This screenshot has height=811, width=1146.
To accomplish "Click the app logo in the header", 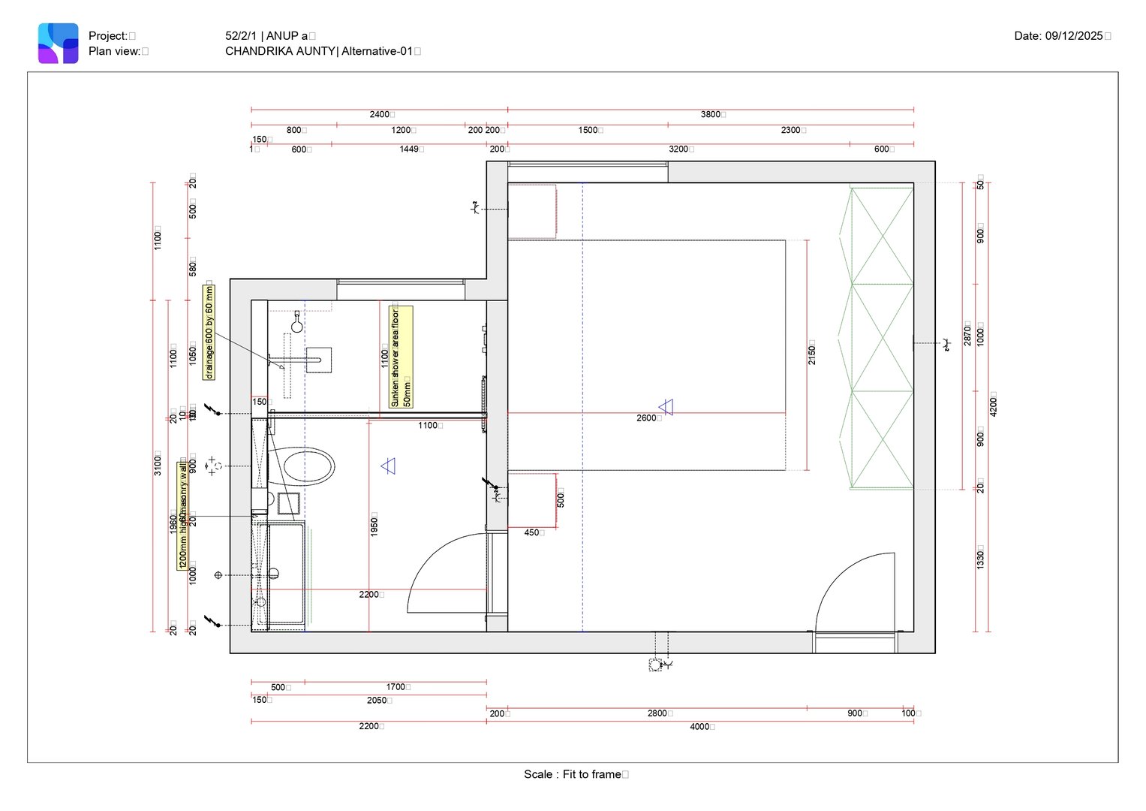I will point(59,43).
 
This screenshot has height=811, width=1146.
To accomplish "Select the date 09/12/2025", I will point(1073,35).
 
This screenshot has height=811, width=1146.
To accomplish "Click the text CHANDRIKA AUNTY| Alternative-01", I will point(319,51).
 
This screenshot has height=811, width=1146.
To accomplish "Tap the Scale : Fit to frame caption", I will point(573,774).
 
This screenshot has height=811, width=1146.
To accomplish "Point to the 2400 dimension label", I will point(380,114).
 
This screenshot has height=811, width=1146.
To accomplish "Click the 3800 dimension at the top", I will point(710,114).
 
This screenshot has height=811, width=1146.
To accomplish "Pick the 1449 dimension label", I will point(409,149).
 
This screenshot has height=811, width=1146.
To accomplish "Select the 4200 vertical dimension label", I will point(994,404).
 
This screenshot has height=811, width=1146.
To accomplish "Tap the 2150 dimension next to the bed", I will point(812,353).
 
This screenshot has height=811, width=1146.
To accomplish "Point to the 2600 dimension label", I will point(646,418).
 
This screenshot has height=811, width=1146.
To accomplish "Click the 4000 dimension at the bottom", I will point(700,726).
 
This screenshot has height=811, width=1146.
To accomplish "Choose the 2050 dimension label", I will point(377,700).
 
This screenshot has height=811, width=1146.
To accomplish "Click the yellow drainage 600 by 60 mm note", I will point(209,331).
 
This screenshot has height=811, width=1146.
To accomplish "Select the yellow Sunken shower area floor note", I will point(400,357).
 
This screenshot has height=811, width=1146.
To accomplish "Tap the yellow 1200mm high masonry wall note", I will point(182,515).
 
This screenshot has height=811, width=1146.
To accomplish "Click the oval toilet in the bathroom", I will point(308,466).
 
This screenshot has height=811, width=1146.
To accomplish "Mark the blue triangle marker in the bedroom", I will point(666,407).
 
